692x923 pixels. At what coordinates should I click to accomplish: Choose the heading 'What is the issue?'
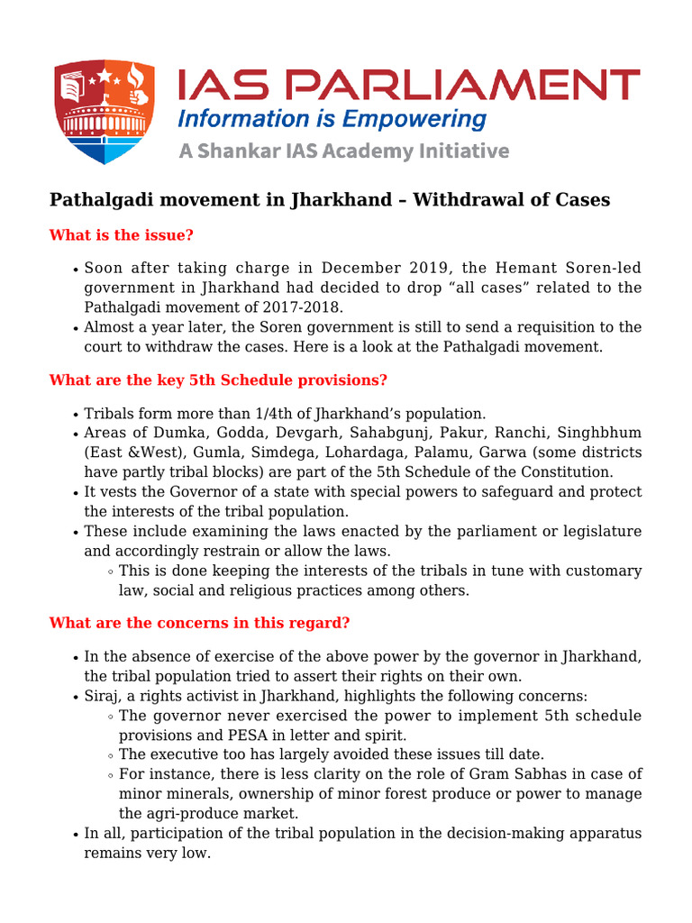[122, 235]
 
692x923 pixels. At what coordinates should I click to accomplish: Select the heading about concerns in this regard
[199, 623]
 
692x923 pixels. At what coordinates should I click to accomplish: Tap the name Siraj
[103, 696]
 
